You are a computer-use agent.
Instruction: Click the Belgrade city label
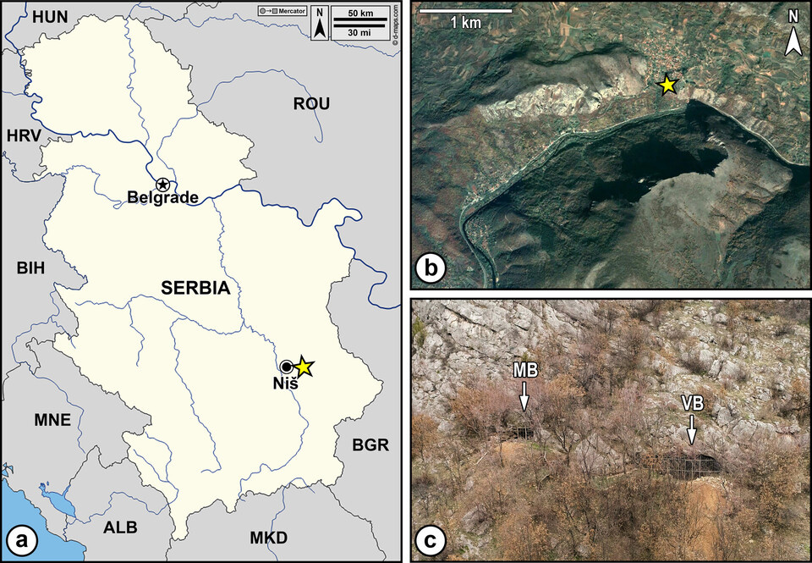pos(162,198)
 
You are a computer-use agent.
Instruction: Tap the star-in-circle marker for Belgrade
pos(162,184)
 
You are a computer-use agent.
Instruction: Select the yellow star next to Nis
pos(304,367)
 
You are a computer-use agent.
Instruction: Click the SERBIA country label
pos(195,288)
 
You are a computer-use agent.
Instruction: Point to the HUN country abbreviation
pos(25,15)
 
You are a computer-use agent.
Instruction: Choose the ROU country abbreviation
pos(311,104)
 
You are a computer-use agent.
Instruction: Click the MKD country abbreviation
pos(269,538)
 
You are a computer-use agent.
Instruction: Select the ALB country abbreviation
pos(120,527)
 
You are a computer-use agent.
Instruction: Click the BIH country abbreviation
pos(30,268)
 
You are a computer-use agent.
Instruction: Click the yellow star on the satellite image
pos(668,84)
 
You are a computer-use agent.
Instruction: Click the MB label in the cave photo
pos(524,371)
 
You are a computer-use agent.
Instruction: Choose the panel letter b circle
pos(431,269)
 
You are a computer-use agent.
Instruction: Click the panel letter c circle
pos(431,541)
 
